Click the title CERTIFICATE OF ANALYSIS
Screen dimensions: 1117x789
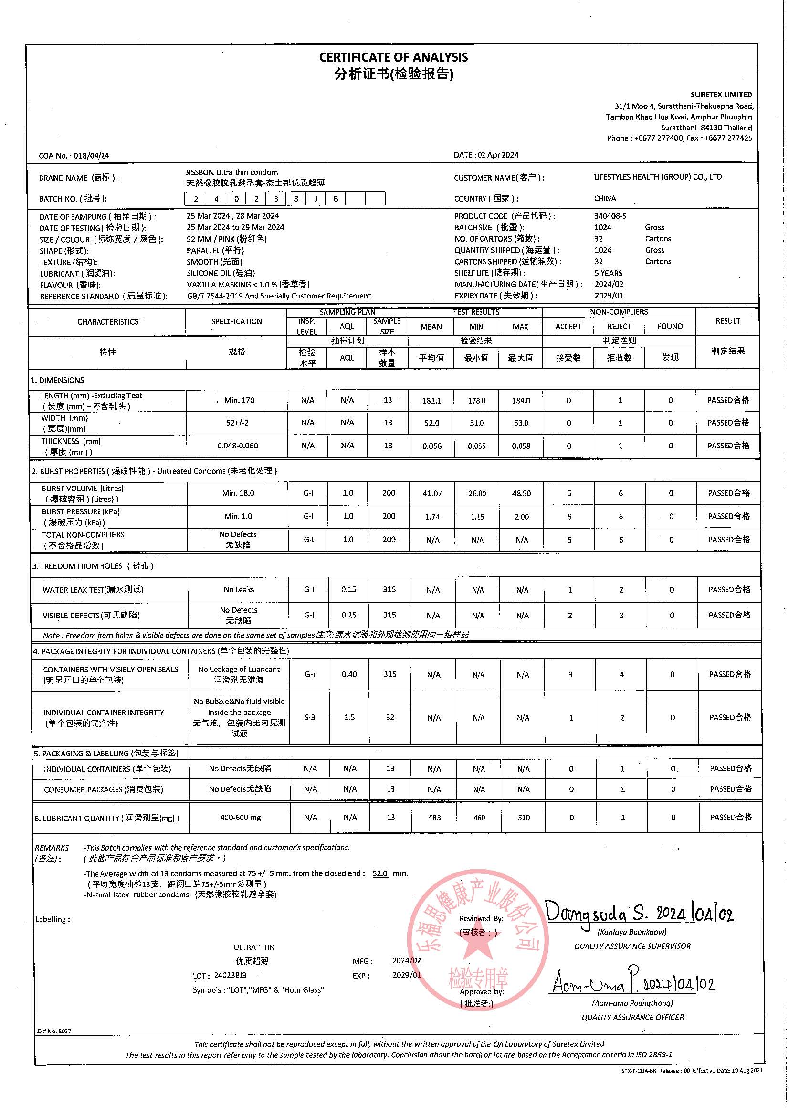click(393, 57)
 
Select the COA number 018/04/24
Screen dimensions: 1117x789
click(91, 156)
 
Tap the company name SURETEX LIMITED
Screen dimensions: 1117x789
click(721, 95)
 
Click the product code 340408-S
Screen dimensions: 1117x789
click(610, 216)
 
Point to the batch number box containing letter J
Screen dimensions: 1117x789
click(316, 199)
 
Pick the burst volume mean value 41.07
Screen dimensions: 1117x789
click(432, 493)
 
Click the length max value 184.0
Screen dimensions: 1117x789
click(521, 400)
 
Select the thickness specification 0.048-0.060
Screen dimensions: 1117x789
click(237, 446)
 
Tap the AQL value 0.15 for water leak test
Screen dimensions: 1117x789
click(348, 590)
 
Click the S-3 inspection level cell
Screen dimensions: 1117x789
click(309, 717)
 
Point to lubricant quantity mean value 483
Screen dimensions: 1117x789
click(434, 818)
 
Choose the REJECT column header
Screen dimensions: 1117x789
click(619, 327)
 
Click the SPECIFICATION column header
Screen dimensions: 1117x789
click(236, 321)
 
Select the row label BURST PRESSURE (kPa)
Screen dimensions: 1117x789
click(80, 512)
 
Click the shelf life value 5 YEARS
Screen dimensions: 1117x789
click(608, 273)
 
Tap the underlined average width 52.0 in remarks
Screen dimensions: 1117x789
click(379, 873)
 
